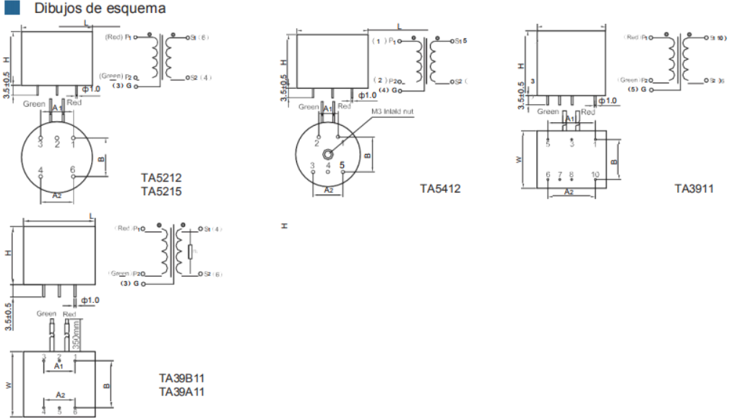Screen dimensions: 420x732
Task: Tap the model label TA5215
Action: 161,192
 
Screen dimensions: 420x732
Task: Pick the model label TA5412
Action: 440,189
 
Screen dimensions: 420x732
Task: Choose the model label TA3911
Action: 694,189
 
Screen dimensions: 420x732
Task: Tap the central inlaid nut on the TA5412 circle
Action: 329,154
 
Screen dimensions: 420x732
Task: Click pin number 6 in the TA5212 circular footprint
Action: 73,170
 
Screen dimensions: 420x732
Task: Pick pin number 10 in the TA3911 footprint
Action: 595,175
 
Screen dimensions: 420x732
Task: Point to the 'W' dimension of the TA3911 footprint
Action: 518,160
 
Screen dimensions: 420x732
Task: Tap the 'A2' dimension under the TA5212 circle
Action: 57,195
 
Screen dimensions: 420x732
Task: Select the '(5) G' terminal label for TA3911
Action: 637,90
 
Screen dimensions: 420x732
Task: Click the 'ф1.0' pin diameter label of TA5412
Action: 367,95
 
